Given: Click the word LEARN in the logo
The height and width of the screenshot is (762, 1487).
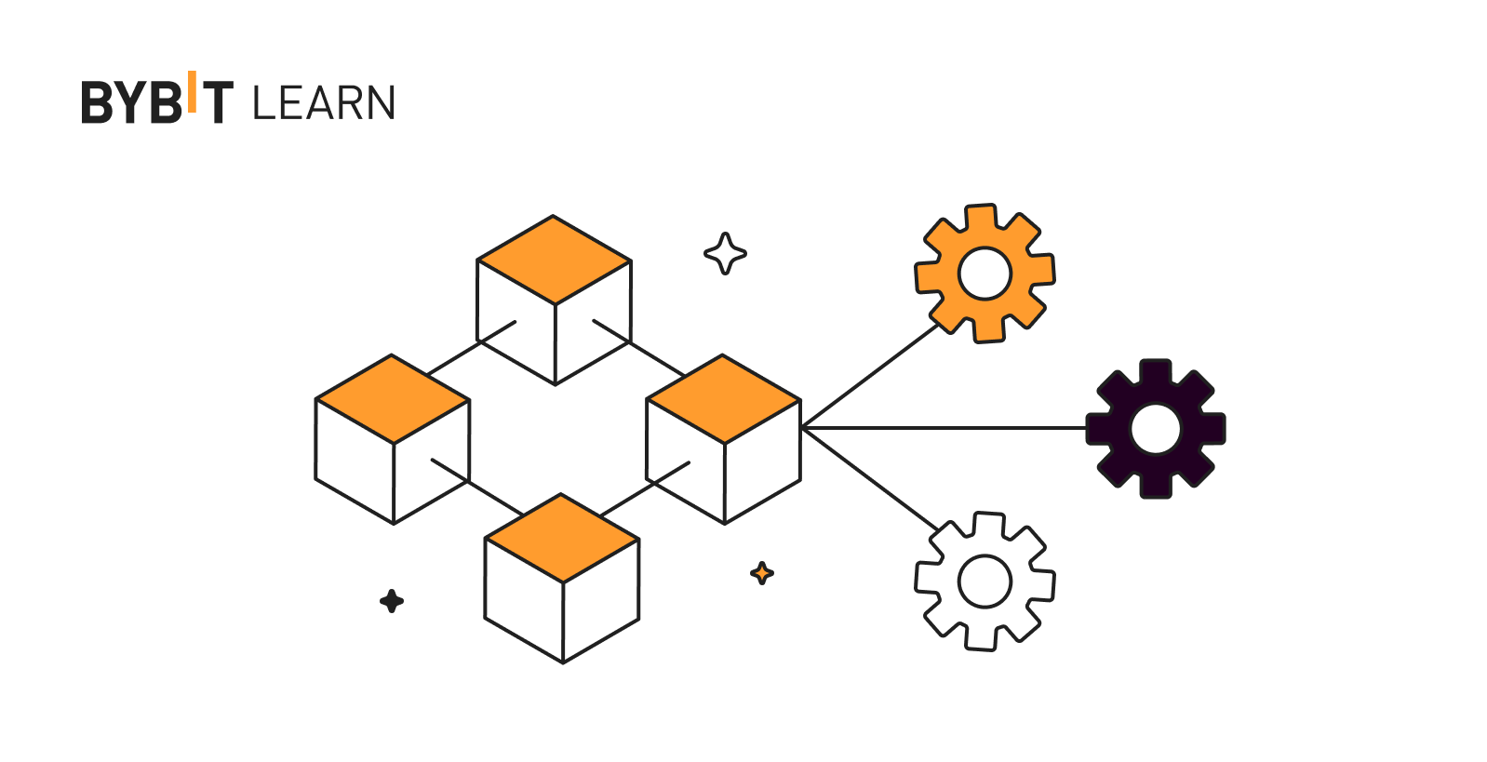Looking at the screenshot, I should (324, 103).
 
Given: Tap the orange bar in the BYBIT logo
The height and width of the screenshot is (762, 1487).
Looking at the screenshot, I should (192, 91).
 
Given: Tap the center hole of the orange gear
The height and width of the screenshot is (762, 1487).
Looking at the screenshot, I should (985, 274).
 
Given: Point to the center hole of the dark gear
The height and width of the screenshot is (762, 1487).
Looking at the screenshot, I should (1156, 429).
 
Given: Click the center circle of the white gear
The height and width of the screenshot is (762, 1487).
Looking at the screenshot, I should (985, 582).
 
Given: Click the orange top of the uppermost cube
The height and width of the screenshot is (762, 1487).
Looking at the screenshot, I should (554, 260).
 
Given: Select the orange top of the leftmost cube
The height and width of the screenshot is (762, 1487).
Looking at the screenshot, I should (393, 399).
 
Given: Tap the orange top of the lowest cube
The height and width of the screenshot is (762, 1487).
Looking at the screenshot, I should (562, 538).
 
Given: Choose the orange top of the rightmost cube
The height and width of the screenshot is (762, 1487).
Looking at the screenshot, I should (723, 399).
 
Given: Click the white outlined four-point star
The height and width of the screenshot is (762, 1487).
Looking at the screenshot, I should (725, 253).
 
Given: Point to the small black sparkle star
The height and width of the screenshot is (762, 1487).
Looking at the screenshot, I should (392, 601).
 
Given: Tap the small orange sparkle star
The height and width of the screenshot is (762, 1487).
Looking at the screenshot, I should (762, 573).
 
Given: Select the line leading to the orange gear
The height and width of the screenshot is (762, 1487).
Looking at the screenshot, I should (870, 376).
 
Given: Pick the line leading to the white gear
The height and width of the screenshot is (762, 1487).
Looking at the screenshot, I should (870, 479).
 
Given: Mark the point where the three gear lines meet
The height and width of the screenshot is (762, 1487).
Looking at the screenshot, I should (803, 428).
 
